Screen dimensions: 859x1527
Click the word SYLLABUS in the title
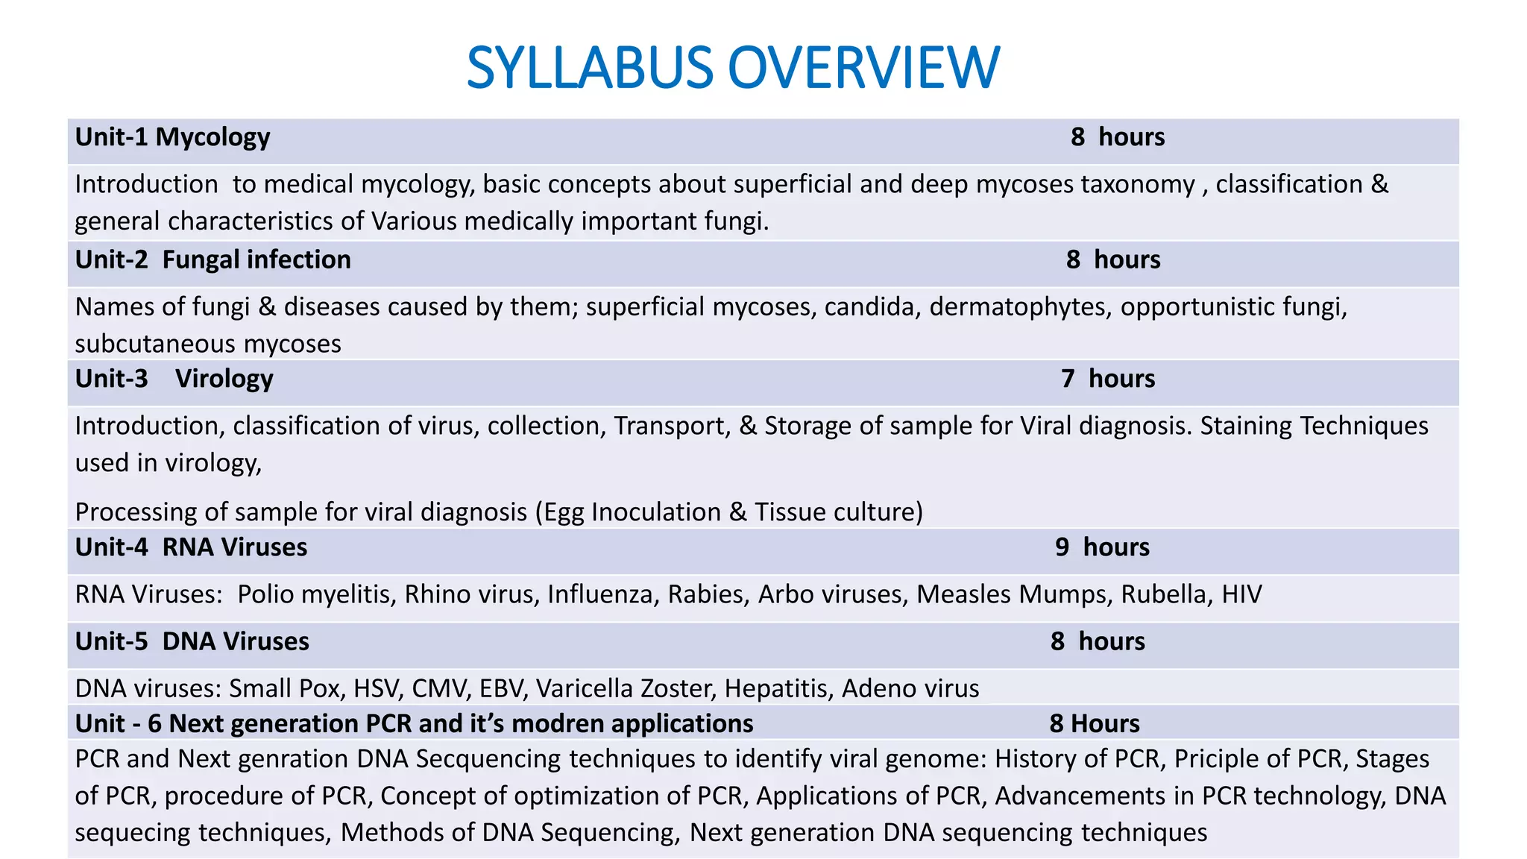590,68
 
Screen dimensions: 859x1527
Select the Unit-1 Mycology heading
172,137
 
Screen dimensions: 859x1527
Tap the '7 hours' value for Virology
1108,379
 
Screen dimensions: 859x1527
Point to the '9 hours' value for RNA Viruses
1102,547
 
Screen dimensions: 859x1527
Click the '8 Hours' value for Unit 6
1095,723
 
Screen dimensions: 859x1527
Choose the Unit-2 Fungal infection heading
213,259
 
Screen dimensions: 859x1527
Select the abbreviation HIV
1241,594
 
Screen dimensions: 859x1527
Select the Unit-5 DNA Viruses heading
192,641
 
